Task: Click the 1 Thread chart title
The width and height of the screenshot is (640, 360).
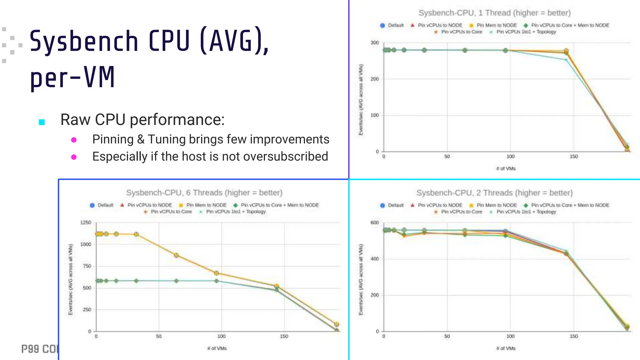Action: click(494, 13)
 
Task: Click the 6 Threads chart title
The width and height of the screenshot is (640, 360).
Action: click(204, 192)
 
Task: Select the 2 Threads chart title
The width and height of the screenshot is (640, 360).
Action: click(494, 193)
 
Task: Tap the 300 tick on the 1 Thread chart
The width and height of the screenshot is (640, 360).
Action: click(374, 43)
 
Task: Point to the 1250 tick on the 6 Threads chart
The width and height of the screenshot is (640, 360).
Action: click(86, 222)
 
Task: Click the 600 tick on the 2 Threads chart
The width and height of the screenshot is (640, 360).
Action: click(374, 222)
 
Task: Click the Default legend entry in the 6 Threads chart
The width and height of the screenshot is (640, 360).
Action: click(102, 205)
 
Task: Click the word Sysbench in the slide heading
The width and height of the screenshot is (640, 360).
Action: click(84, 42)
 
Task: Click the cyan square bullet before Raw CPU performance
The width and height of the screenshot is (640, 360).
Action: click(42, 122)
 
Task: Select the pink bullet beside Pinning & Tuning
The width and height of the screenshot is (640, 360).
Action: click(74, 140)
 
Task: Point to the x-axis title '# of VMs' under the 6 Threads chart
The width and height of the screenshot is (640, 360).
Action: click(217, 348)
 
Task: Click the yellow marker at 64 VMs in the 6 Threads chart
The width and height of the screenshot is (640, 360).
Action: click(176, 255)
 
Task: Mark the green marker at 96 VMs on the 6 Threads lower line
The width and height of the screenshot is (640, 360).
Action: click(216, 281)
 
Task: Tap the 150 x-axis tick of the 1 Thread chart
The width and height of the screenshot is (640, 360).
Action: click(573, 157)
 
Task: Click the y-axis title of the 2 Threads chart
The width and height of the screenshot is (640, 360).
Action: click(361, 279)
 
